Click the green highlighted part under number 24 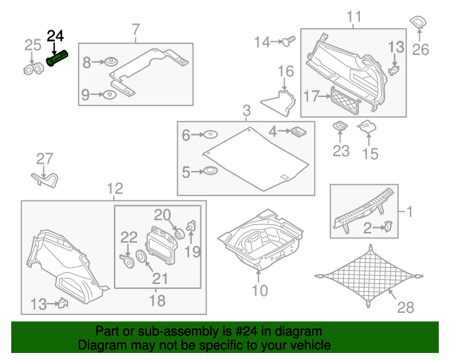click(x=57, y=58)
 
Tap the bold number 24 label click(x=55, y=36)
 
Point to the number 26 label click(x=420, y=49)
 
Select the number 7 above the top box click(x=136, y=29)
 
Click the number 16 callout click(x=285, y=71)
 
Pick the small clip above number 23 click(x=340, y=127)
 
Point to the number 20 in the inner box click(x=162, y=214)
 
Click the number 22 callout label click(x=128, y=236)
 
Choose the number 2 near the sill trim click(x=366, y=226)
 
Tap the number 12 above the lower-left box click(x=115, y=188)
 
